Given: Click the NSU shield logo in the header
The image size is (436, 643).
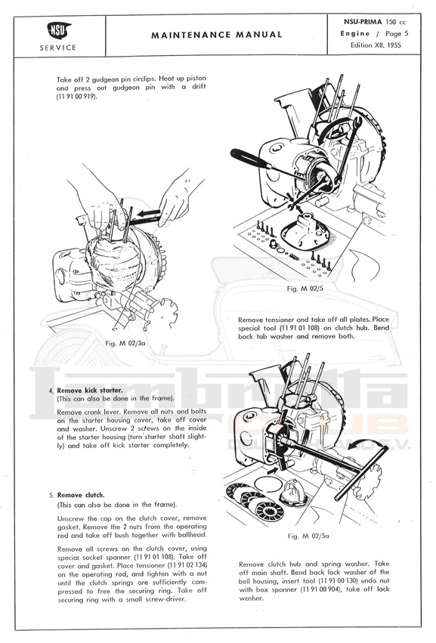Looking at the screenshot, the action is (58, 30).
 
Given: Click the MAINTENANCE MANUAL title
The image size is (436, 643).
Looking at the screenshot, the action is (217, 36).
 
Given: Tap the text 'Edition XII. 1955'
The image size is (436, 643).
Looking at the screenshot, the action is (376, 45).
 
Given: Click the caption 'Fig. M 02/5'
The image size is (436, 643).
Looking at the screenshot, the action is (305, 289).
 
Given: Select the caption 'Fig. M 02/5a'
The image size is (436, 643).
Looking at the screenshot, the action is (308, 536).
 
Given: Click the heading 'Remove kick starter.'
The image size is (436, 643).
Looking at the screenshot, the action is (90, 391).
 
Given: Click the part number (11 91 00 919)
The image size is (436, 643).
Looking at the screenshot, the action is (77, 97).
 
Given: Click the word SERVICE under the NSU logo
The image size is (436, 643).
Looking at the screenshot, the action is (58, 48).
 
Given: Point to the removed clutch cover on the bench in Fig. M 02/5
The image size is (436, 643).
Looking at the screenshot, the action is (305, 230).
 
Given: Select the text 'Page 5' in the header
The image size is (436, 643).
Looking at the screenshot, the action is (397, 34).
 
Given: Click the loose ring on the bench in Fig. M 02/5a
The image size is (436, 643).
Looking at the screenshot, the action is (268, 476).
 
